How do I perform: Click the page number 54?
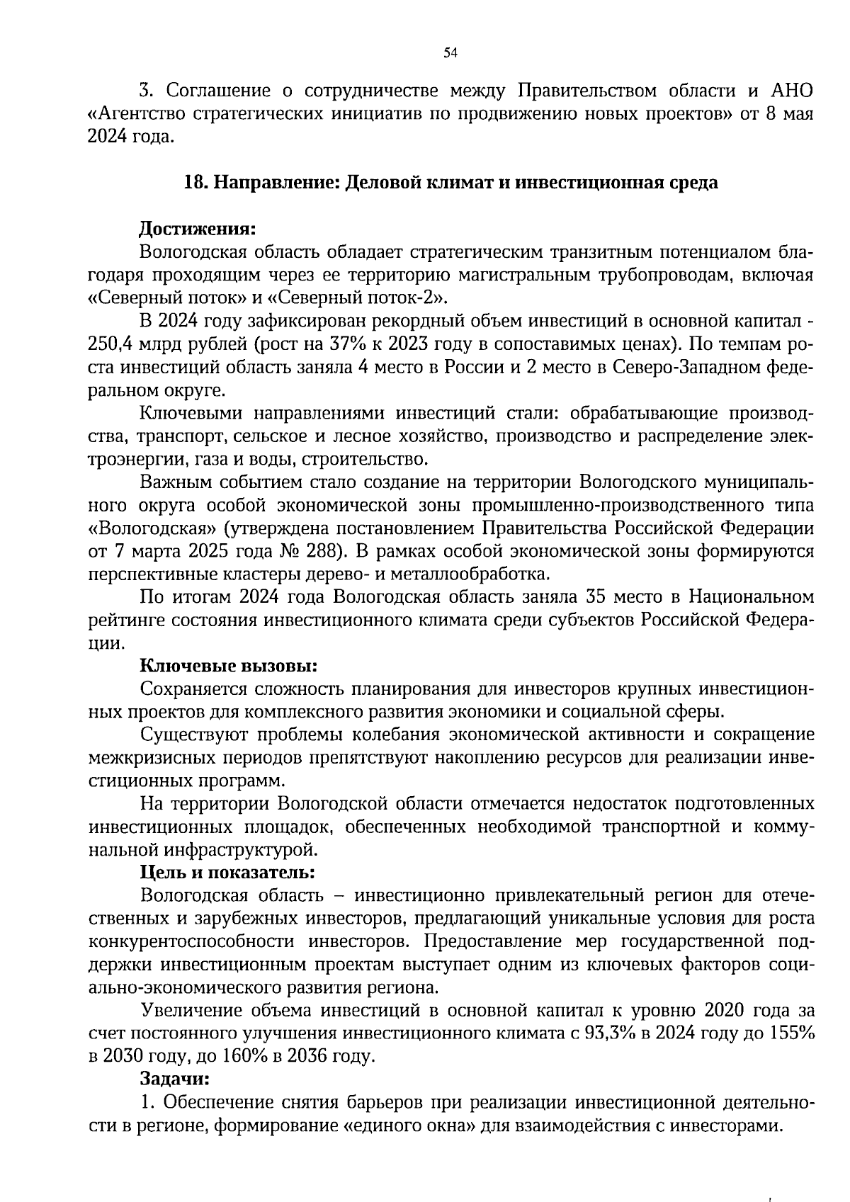pos(450,52)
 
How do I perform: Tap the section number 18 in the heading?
pos(193,183)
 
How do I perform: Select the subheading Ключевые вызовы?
pos(227,666)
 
